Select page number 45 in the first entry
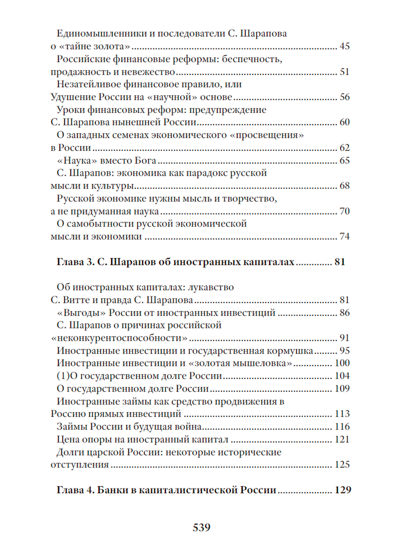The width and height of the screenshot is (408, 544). (x=344, y=47)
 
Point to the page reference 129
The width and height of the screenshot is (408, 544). (x=342, y=491)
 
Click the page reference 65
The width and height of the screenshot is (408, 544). (x=344, y=161)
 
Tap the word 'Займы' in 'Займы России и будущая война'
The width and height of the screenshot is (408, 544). (x=72, y=427)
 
